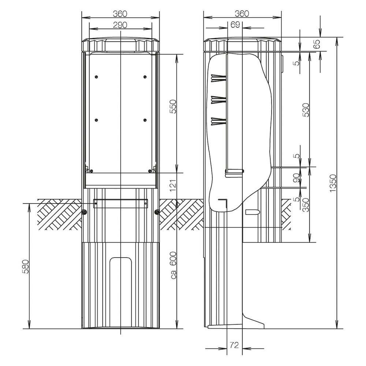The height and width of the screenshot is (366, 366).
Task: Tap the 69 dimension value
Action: point(235,25)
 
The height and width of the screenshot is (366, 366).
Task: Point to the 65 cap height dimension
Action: point(317,44)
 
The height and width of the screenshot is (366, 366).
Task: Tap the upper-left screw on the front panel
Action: point(96,76)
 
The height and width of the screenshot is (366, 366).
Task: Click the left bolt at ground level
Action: point(84,212)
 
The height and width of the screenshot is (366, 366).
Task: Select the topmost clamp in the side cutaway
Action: point(219,78)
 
